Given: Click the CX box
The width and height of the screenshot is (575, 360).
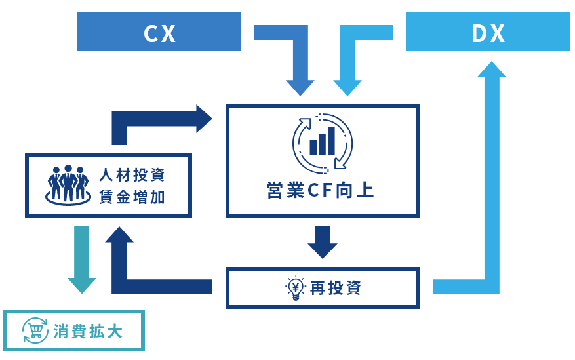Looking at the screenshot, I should [x=159, y=32].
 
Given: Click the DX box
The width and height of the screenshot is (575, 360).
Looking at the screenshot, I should [x=488, y=32].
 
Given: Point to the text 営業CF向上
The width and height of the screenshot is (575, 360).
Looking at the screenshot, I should [x=321, y=191].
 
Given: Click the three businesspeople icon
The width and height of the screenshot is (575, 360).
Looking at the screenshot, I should [x=68, y=185].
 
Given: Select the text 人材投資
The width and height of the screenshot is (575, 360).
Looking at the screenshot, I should [x=132, y=176].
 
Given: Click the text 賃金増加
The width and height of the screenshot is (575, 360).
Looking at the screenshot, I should [x=132, y=197].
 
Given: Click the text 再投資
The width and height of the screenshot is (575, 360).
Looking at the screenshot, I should [x=336, y=288].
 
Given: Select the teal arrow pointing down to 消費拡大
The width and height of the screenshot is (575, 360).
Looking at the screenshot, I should [x=82, y=259].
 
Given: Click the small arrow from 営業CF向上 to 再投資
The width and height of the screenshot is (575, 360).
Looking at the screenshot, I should [x=322, y=241].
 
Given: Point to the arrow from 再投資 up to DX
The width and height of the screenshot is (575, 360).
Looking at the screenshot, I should [x=491, y=197].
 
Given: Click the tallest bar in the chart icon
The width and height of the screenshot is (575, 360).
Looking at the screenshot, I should [x=332, y=140].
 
